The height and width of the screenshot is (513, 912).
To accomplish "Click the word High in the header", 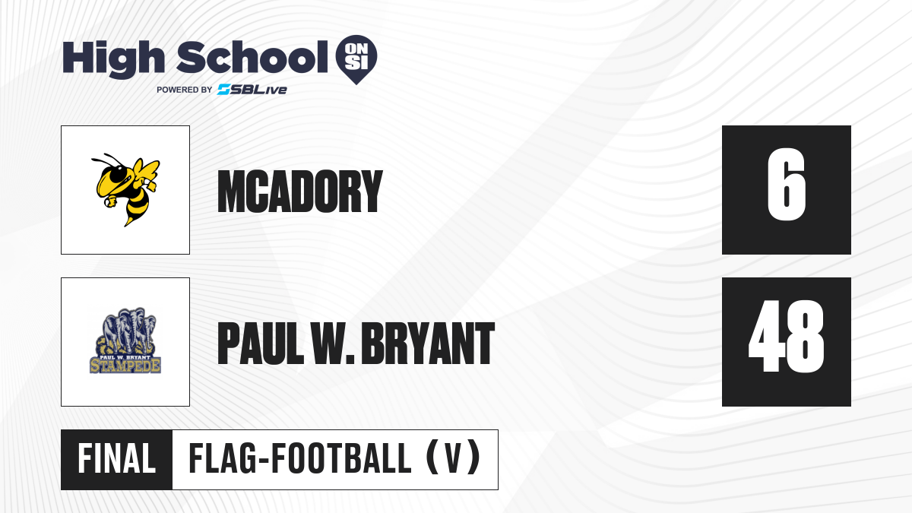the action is tap(113, 59).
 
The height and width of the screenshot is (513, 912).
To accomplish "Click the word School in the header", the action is tap(252, 57).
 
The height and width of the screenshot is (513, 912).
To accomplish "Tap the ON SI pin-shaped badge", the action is tap(356, 59).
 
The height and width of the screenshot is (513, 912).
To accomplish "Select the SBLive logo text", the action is tap(252, 90).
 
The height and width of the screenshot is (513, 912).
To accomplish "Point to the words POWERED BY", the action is tap(185, 90).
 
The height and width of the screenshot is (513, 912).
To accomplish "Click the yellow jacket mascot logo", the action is tap(125, 190).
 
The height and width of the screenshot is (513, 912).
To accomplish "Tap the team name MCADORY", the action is tap(300, 192).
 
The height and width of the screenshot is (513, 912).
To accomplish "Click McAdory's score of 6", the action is tap(786, 185).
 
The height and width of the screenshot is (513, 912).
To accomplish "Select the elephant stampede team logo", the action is tap(125, 340).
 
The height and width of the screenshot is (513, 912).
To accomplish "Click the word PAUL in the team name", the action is tap(261, 344).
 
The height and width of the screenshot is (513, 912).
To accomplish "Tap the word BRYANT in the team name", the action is tap(428, 344).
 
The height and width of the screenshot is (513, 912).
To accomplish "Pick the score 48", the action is tap(786, 336).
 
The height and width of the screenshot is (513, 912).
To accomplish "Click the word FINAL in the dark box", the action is tap(117, 459).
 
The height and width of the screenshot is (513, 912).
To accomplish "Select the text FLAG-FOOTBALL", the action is tap(300, 459).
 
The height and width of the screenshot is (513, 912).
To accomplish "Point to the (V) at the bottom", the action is tap(453, 459).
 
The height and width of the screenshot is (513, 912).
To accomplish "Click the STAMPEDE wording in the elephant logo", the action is tap(125, 366).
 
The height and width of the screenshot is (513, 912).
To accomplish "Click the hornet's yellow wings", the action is tap(146, 170).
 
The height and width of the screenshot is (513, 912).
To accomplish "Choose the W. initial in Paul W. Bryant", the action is tap(333, 344).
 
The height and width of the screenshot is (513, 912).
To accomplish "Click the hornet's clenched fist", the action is tap(110, 201).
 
